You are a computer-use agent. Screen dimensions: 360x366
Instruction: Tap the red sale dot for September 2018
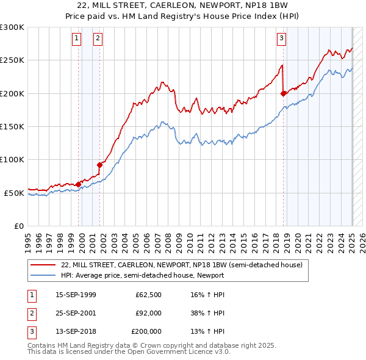pyautogui.click(x=284, y=93)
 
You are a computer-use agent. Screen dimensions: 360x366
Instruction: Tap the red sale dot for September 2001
pyautogui.click(x=100, y=164)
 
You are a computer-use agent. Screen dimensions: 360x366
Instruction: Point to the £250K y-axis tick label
pyautogui.click(x=12, y=60)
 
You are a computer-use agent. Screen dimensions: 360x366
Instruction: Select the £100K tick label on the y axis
pyautogui.click(x=12, y=159)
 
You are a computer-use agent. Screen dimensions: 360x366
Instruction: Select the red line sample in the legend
pyautogui.click(x=43, y=265)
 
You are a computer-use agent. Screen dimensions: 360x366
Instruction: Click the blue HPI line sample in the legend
pyautogui.click(x=43, y=275)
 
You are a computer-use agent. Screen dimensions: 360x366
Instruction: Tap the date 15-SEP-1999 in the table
pyautogui.click(x=76, y=295)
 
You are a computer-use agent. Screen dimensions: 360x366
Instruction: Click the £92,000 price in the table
pyautogui.click(x=148, y=313)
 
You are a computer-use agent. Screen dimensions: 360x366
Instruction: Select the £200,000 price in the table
pyautogui.click(x=146, y=331)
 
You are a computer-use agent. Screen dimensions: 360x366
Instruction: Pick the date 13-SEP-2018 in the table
pyautogui.click(x=76, y=331)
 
